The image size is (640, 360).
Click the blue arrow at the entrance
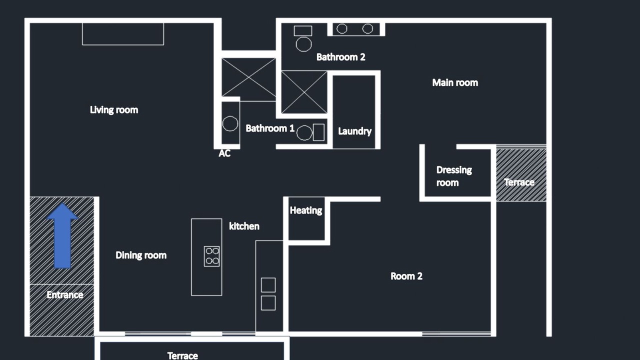pos(62,236)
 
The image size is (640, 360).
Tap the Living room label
pos(114,110)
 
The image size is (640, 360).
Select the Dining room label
pos(141,255)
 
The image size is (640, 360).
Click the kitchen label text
pos(244,226)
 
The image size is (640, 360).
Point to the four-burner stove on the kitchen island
pos(211,256)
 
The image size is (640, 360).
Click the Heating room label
pos(306,210)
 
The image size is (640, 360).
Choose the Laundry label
pos(355,131)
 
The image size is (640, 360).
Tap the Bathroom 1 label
pos(270,128)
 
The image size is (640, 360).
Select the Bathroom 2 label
pos(341,57)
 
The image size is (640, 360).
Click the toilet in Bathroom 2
pos(303,38)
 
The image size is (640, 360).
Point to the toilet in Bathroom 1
pos(310,132)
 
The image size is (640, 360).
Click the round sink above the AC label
pos(230,123)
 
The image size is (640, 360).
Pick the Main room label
pos(455,83)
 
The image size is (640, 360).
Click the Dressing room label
pos(454,176)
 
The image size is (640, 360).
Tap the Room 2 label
pos(406,276)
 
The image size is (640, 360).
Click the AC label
pos(224,153)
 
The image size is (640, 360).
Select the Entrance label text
pos(65,295)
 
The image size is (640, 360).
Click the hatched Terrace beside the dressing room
pos(521,175)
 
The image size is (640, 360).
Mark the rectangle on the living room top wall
pos(123,34)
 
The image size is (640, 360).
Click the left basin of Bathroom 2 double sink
pos(341,28)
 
